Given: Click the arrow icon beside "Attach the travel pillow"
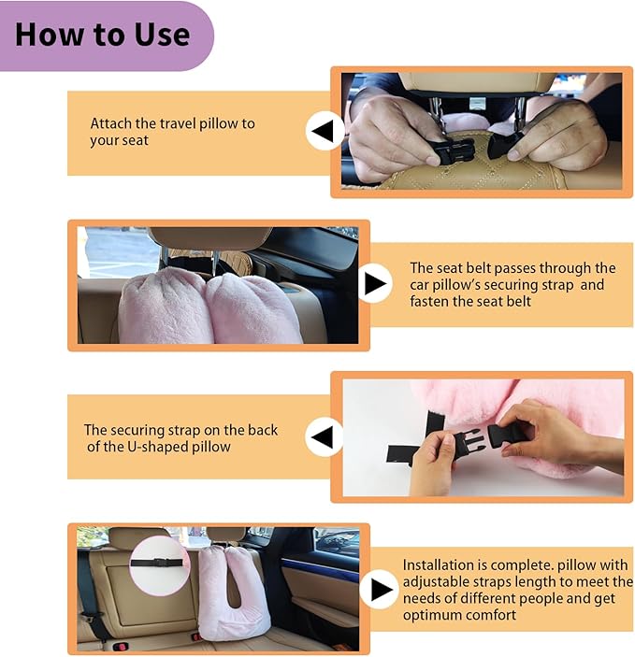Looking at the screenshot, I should (325, 132).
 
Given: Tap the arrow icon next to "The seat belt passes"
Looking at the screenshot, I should (375, 283).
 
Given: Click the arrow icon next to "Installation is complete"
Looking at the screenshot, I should (380, 590).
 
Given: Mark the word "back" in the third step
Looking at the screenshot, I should (263, 430).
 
